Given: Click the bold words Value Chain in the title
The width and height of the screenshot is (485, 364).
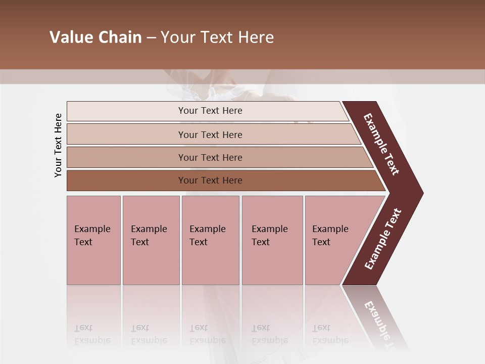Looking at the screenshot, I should [x=95, y=37].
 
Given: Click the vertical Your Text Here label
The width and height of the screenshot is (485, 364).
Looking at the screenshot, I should [x=59, y=146].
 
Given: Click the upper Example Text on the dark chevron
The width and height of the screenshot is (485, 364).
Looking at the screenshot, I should [x=381, y=144].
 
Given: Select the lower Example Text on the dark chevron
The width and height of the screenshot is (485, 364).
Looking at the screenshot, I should [x=383, y=239].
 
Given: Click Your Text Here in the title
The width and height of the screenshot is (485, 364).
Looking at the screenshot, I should [x=217, y=37].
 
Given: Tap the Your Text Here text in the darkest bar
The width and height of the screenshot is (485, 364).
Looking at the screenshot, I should [x=210, y=180].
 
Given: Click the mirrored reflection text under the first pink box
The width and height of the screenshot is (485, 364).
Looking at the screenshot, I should [x=92, y=334].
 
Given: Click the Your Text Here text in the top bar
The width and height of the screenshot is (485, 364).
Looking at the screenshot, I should [x=210, y=111].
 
